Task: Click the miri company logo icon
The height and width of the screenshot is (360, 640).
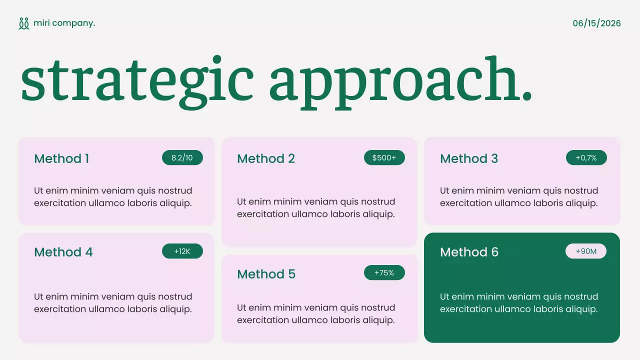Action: (x=24, y=23)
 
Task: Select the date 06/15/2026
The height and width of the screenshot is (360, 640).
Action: (x=596, y=23)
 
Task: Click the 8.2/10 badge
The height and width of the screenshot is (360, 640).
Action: (x=182, y=158)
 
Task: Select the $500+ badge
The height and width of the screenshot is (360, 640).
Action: (x=384, y=158)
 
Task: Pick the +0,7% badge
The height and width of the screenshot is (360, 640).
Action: (x=586, y=158)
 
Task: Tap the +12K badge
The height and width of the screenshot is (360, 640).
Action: (x=182, y=251)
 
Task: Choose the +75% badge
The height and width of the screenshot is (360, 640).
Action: (x=384, y=273)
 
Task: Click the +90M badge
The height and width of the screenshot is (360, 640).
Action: (x=586, y=251)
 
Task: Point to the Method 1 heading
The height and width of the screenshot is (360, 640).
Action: (x=61, y=159)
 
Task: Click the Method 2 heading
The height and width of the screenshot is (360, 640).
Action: (x=266, y=159)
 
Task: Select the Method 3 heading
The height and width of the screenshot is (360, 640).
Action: (x=469, y=159)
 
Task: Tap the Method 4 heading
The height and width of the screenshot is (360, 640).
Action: (x=63, y=252)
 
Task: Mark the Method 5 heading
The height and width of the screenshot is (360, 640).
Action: (x=266, y=274)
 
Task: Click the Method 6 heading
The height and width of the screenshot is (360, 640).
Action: (x=469, y=252)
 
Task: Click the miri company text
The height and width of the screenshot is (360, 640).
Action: (x=64, y=23)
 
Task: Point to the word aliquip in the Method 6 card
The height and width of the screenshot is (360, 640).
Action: (x=580, y=309)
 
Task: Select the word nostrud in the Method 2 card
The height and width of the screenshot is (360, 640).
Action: (x=378, y=201)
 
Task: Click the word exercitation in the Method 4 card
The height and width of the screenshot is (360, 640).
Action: (x=60, y=309)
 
